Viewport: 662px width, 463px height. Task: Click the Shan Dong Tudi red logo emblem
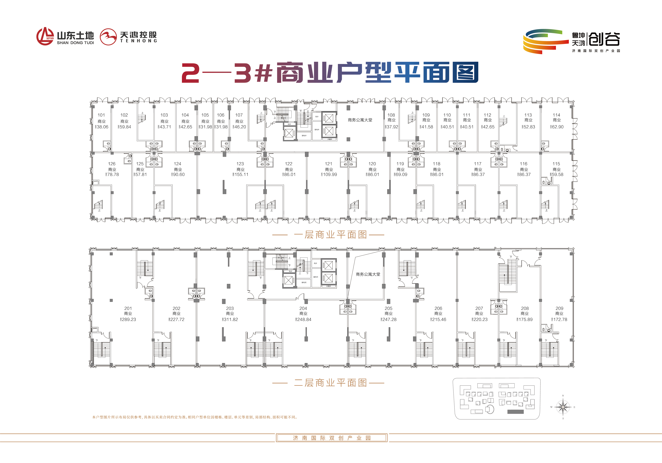tap(45, 36)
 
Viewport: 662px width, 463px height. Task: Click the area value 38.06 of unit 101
tap(102, 127)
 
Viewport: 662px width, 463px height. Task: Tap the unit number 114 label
tap(557, 115)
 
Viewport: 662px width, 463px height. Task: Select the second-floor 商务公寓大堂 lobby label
tap(368, 274)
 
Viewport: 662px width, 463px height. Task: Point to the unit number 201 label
tap(128, 308)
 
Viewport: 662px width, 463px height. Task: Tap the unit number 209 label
tap(559, 308)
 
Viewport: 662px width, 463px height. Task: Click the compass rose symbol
tap(563, 407)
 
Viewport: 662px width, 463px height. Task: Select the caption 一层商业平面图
tap(330, 235)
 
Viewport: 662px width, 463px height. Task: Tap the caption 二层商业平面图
tap(330, 383)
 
